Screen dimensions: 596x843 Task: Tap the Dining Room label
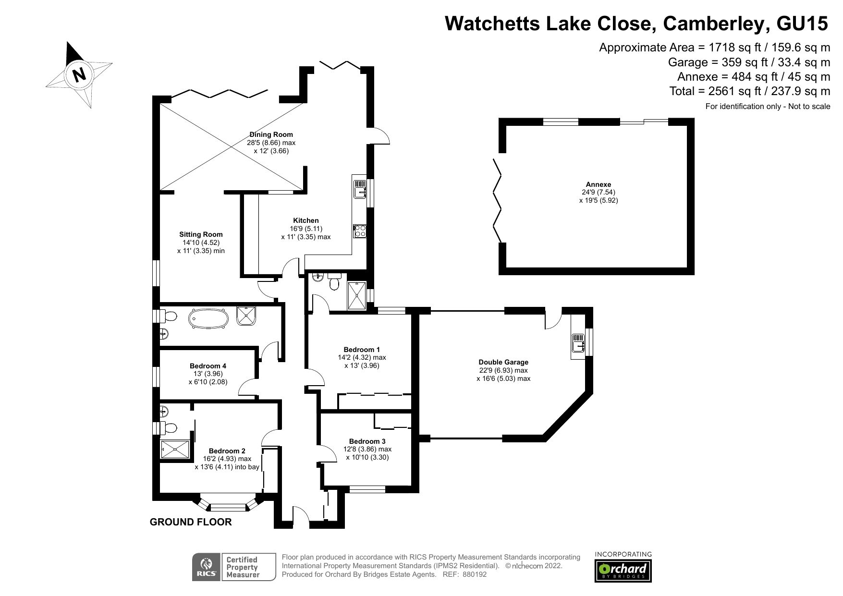(x=271, y=134)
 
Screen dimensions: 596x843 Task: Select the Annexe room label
(x=598, y=184)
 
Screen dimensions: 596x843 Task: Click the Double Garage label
(x=503, y=362)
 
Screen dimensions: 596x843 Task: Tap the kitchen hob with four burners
(x=359, y=231)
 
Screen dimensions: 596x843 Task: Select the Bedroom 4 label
(x=208, y=366)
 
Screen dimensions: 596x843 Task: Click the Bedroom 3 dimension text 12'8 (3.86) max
(x=367, y=450)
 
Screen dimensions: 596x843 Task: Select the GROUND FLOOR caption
(x=191, y=522)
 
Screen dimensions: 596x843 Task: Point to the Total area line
(x=750, y=91)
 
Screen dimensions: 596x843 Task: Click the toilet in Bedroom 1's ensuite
(x=335, y=282)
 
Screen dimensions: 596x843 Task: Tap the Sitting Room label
(x=201, y=234)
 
